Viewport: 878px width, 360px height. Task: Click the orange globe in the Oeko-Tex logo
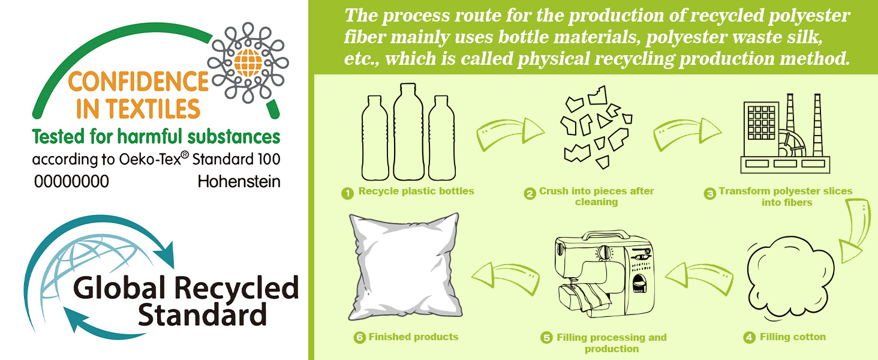248,63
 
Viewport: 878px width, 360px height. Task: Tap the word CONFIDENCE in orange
139,82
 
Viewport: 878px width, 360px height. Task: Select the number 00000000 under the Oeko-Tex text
71,182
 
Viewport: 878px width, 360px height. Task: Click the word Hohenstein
239,182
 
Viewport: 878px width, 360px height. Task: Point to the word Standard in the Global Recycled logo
202,315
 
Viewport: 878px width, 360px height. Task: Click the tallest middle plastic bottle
408,132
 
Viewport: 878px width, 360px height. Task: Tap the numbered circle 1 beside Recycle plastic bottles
348,193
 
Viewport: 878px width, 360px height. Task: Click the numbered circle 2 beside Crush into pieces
530,193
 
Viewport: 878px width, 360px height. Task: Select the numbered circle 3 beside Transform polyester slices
710,193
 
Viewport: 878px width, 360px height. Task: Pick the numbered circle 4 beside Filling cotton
750,338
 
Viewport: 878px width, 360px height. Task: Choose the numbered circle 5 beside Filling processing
546,338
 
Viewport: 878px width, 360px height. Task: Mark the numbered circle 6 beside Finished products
359,338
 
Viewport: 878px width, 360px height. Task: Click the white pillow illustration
404,266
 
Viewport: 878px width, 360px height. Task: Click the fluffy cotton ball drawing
790,279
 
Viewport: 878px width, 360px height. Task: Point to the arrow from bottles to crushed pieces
510,133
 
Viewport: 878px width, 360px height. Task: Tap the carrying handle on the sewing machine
606,235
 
